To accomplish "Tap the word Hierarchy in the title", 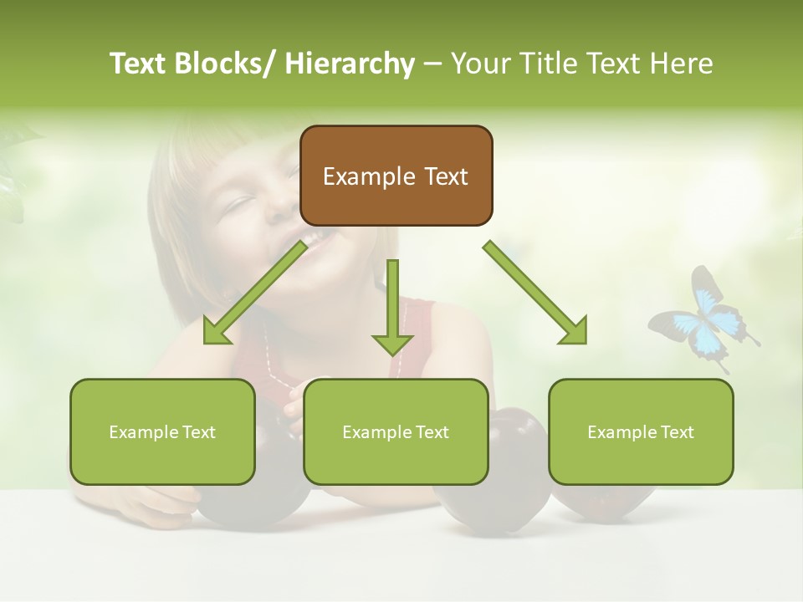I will (x=350, y=64).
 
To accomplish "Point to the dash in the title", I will (x=432, y=64).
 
